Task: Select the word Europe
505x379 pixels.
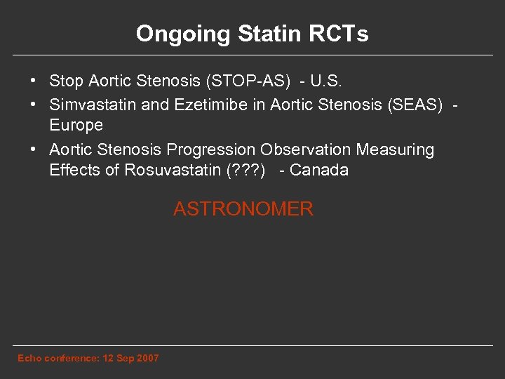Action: pos(76,126)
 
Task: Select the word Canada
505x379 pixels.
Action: pos(319,171)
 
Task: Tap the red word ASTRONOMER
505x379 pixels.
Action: pos(243,209)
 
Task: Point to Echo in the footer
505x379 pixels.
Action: pos(29,359)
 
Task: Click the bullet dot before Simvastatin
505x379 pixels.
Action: pos(34,105)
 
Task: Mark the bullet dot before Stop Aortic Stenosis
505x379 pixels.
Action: pos(34,81)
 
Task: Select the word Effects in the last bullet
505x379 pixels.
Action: pos(74,171)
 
